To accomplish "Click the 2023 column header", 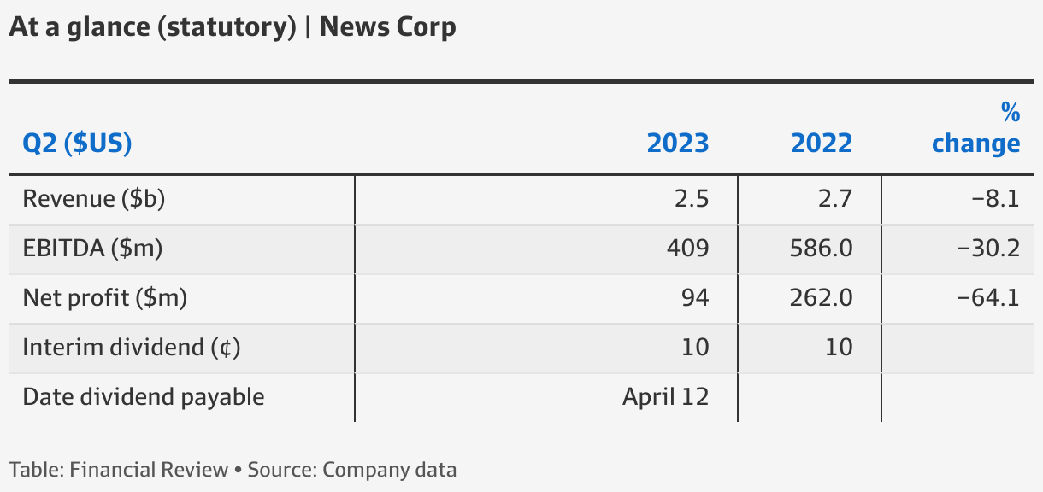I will [677, 143].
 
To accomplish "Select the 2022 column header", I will [821, 143].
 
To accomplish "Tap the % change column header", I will [975, 128].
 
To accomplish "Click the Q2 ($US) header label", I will [77, 143].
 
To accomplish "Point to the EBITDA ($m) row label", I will [92, 249].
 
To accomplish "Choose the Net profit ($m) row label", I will [104, 298].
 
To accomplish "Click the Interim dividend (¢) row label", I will [131, 348].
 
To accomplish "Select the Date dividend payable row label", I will [143, 397].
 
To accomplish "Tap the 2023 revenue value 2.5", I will [691, 199].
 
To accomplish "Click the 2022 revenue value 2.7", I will [834, 199].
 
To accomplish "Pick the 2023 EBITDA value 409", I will [687, 249].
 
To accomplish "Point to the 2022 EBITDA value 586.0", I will [821, 249].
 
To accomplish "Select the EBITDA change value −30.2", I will [988, 249].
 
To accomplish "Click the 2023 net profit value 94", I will [695, 298].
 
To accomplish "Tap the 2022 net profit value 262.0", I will [821, 298].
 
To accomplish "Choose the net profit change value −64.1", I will [988, 298].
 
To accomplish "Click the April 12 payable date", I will [665, 397].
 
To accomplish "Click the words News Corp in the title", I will [387, 27].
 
